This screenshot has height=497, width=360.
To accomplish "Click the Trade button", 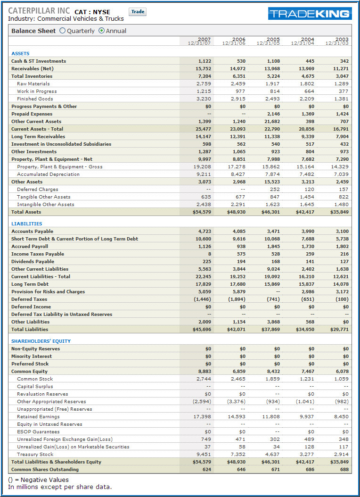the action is [138, 12].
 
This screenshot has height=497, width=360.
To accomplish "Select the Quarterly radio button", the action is [62, 31].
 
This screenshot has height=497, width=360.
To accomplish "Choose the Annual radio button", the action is [101, 31].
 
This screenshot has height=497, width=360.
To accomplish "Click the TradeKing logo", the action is [310, 13].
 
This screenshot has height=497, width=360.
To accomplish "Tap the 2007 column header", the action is [199, 41].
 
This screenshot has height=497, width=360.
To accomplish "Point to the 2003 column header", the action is [337, 41].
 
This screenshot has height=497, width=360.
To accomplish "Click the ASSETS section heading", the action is [20, 54].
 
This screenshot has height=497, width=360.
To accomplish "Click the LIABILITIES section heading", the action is [26, 224].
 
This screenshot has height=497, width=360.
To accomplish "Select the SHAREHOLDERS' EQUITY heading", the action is [41, 341].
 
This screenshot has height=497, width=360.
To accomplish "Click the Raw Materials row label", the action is [33, 83].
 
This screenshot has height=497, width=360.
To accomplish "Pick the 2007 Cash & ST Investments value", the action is [205, 61].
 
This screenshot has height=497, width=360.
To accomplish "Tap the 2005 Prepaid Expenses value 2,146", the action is [273, 114].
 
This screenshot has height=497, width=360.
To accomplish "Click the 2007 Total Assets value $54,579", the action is [202, 212].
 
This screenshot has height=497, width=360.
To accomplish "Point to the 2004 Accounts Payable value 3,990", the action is [308, 232].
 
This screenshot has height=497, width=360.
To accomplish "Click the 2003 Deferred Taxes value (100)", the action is [342, 299].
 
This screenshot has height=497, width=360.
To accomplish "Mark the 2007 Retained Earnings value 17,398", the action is [202, 416].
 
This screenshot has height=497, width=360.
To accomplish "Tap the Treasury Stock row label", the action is [35, 454].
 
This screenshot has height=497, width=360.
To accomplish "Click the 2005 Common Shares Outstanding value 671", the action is [276, 470].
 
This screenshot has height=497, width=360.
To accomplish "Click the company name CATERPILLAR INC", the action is [39, 10].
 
